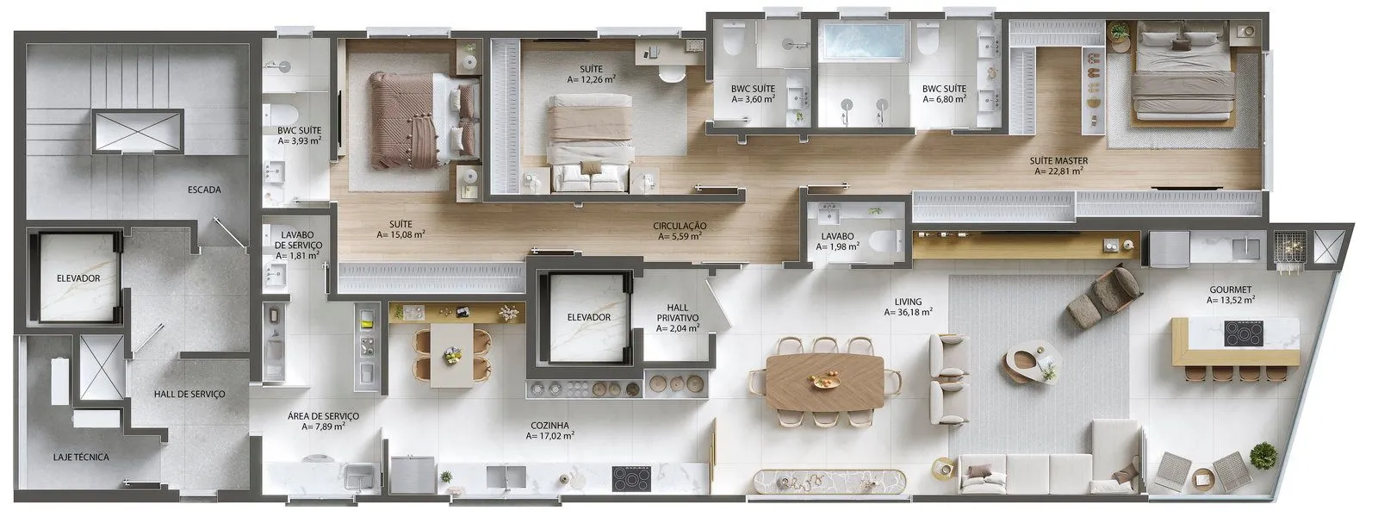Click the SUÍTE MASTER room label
pyautogui.click(x=1058, y=160)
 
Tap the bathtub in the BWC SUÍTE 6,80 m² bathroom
pyautogui.click(x=864, y=41)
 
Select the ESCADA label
pyautogui.click(x=204, y=190)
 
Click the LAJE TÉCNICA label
pyautogui.click(x=81, y=458)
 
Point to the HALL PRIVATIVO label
pyautogui.click(x=677, y=313)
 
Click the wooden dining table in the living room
pyautogui.click(x=826, y=383)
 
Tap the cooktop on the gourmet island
pyautogui.click(x=1244, y=333)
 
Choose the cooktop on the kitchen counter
pyautogui.click(x=631, y=478)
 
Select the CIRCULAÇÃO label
pyautogui.click(x=680, y=226)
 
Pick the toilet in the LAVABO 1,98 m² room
pyautogui.click(x=886, y=240)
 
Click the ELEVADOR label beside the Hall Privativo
pyautogui.click(x=589, y=317)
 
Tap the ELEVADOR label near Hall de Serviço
pyautogui.click(x=78, y=278)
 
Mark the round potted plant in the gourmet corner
pyautogui.click(x=1263, y=456)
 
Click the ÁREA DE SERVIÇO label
pyautogui.click(x=323, y=416)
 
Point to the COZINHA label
pyautogui.click(x=550, y=426)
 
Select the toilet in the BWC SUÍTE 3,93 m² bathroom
pyautogui.click(x=281, y=115)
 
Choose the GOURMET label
pyautogui.click(x=1231, y=290)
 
